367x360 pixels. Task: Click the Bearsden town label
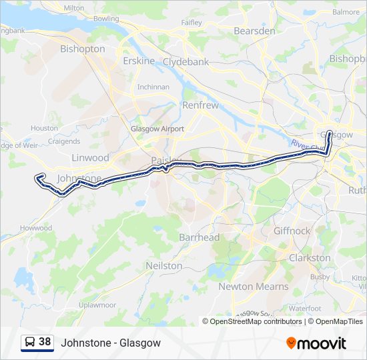(254, 31)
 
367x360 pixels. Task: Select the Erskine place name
(139, 61)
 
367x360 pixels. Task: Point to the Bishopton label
(83, 49)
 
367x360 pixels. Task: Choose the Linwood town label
(90, 158)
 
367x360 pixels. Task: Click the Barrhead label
(200, 237)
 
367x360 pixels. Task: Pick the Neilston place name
(164, 265)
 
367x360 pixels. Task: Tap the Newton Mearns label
(254, 287)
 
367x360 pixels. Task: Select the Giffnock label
(292, 231)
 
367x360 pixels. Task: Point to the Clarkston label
(310, 257)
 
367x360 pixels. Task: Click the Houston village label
(44, 128)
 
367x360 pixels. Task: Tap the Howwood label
(36, 228)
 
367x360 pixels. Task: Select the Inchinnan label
(153, 87)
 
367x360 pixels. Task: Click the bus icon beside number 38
(30, 342)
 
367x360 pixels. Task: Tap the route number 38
(45, 342)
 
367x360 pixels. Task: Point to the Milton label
(73, 7)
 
